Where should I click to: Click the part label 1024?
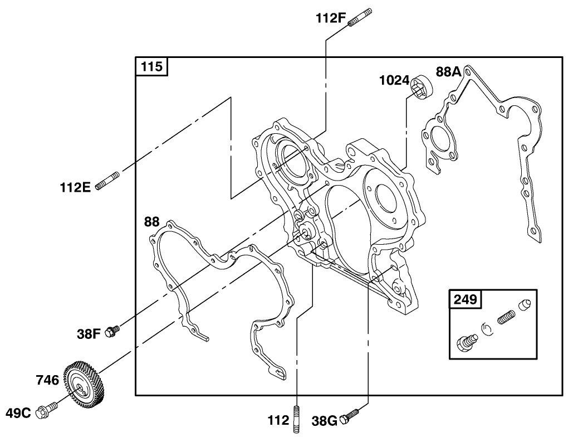click(x=394, y=81)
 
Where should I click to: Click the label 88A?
click(x=449, y=72)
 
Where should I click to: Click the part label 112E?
click(x=75, y=187)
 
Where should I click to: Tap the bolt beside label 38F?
click(x=114, y=331)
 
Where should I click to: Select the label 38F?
click(x=89, y=334)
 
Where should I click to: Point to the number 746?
click(x=47, y=381)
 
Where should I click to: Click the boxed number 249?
click(x=464, y=299)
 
